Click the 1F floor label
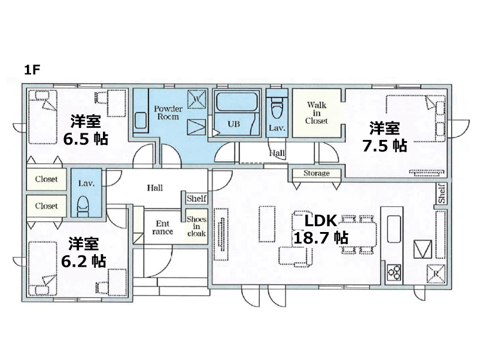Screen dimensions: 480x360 point(32,71)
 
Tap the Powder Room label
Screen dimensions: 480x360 point(168,112)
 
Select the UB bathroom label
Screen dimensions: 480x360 point(233,124)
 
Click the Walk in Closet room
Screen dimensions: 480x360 point(317,113)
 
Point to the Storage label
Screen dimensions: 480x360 point(317,173)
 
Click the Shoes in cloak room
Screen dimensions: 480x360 point(196,226)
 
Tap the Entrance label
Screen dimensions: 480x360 point(163,228)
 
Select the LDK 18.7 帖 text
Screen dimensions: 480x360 point(321,230)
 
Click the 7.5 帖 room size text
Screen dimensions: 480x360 point(385,145)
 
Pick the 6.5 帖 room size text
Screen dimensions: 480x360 point(86,139)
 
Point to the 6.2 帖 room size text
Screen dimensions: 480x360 point(84,261)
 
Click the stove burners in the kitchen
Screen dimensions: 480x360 point(394,272)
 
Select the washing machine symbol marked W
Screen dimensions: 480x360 point(196,99)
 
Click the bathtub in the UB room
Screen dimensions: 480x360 point(236,102)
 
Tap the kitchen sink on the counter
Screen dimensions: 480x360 point(394,229)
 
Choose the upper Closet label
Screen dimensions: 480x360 point(46,179)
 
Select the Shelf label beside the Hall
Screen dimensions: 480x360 point(196,199)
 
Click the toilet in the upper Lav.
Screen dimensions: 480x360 point(277,108)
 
